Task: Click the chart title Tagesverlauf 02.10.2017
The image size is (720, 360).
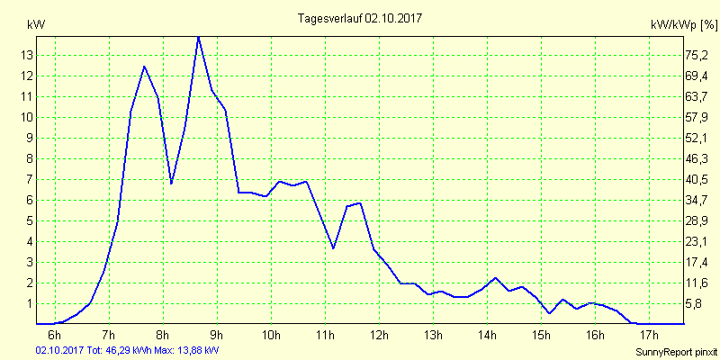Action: pyautogui.click(x=359, y=17)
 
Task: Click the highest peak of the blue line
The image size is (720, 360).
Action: pyautogui.click(x=198, y=36)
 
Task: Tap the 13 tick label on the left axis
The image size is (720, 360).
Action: pyautogui.click(x=27, y=55)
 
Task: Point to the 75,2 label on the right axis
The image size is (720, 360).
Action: pyautogui.click(x=696, y=55)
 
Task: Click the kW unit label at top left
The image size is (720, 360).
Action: pyautogui.click(x=36, y=24)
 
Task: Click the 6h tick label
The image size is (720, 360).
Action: pyautogui.click(x=54, y=336)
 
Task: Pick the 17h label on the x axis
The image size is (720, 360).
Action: pyautogui.click(x=648, y=336)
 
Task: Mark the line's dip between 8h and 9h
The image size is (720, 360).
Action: pyautogui.click(x=171, y=184)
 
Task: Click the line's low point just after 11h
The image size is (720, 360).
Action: pyautogui.click(x=333, y=248)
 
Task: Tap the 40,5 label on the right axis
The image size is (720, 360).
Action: pyautogui.click(x=696, y=179)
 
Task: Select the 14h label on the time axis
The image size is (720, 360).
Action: pyautogui.click(x=486, y=336)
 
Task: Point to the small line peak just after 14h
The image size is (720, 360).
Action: pyautogui.click(x=495, y=278)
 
